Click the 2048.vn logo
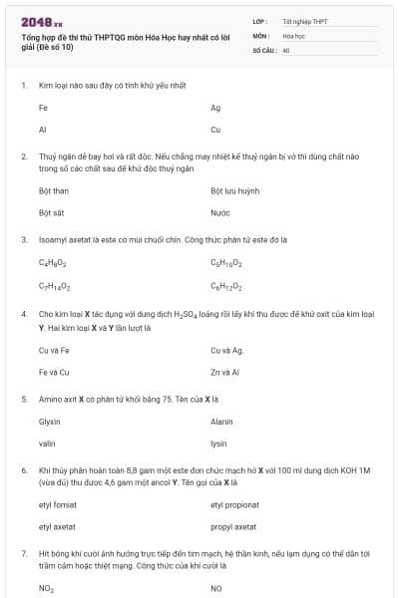(41, 22)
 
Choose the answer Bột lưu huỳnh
(234, 190)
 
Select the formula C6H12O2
(226, 286)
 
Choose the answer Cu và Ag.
(227, 351)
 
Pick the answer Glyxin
(50, 422)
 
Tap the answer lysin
(218, 444)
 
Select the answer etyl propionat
(234, 504)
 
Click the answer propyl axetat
(233, 526)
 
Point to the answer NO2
(46, 588)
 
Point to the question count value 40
(286, 49)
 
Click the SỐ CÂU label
(263, 49)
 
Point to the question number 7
(24, 551)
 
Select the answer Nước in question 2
(220, 212)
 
